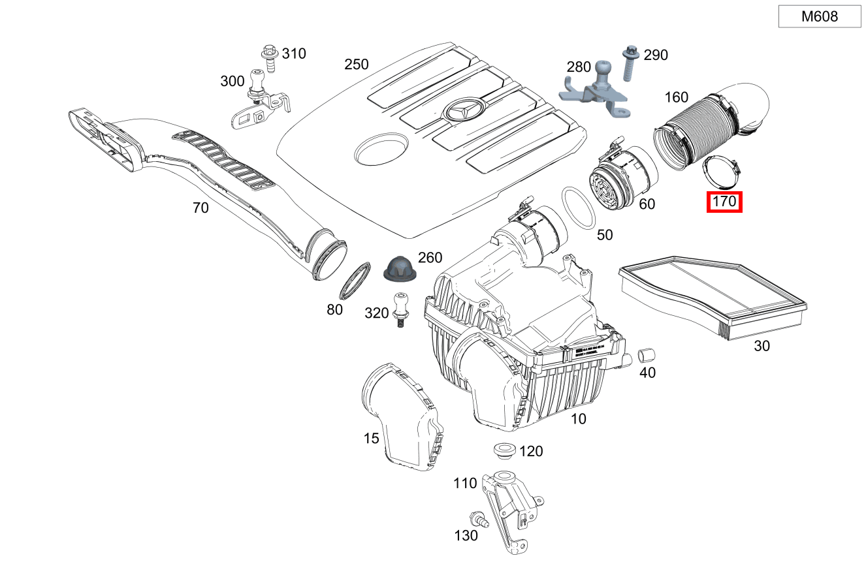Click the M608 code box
820,17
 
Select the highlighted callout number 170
725,202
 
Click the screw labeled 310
268,57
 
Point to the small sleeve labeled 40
647,356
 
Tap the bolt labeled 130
482,520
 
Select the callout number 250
357,65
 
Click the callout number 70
200,208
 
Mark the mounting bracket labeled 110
509,509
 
